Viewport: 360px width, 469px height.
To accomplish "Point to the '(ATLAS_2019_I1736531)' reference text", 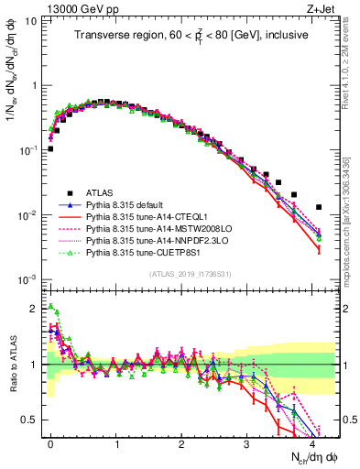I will (188, 273).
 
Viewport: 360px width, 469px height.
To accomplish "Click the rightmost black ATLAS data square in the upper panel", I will (319, 207).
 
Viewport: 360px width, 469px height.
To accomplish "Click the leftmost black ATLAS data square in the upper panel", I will (51, 148).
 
